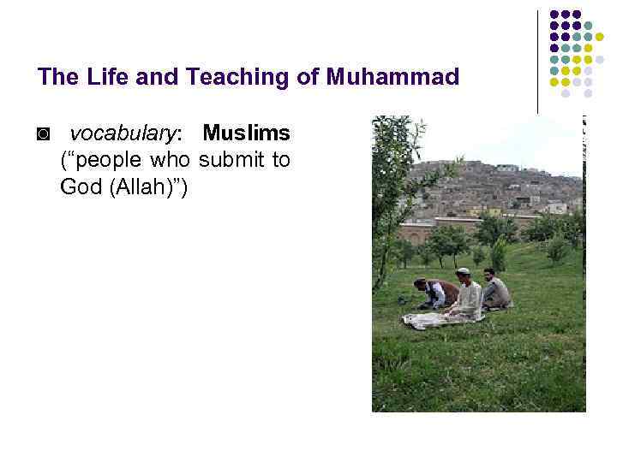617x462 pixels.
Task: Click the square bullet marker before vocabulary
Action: tap(44, 135)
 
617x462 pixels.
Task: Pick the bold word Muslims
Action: tap(246, 134)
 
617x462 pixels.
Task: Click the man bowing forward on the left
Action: tap(433, 293)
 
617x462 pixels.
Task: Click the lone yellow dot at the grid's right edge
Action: tap(612, 37)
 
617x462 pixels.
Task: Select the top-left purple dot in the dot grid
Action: tap(554, 15)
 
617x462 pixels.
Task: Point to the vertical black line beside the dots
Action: tap(538, 60)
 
